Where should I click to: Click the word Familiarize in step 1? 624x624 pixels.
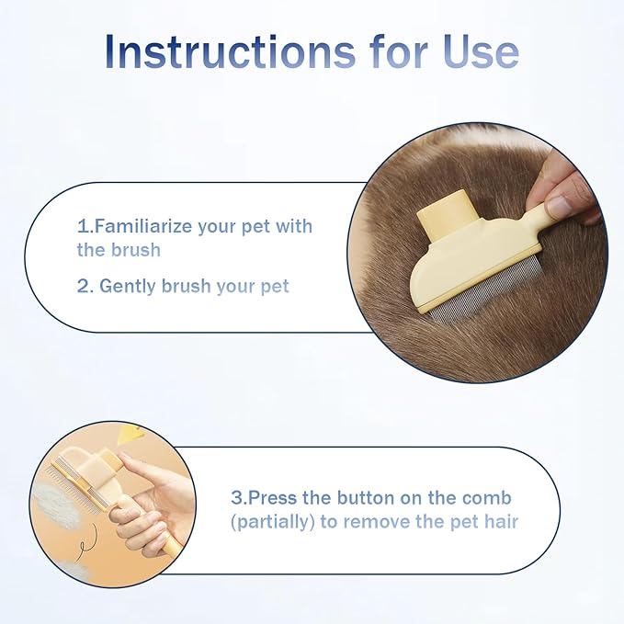point(146,226)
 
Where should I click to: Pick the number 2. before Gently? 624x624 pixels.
point(85,286)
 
